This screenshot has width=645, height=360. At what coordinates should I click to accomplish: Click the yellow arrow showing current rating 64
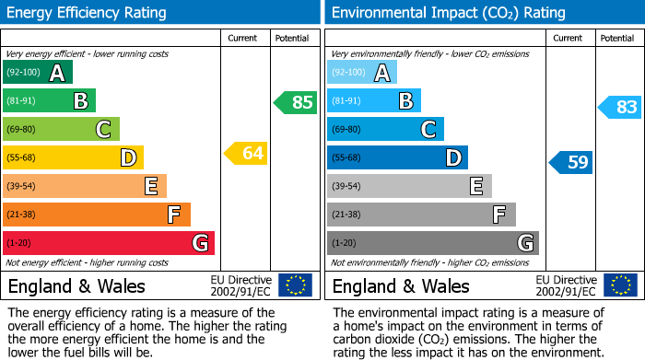pos(246,154)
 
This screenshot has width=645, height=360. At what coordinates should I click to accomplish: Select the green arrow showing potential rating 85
pos(296,102)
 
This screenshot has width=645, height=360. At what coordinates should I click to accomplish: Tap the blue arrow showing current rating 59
pos(571,163)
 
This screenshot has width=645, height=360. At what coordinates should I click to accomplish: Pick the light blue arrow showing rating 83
pos(620,107)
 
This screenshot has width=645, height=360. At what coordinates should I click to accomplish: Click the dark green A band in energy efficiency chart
pos(38,73)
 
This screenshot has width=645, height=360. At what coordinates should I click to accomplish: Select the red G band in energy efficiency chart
pos(109,243)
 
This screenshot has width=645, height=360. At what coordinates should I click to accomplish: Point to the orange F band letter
pos(173,215)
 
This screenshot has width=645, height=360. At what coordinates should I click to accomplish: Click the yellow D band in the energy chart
pos(73,158)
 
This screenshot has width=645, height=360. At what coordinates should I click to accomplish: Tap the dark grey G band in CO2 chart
pos(433,243)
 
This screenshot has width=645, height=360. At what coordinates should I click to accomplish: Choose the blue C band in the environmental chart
pos(385,130)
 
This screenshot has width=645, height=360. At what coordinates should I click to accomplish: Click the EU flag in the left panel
pos(295,285)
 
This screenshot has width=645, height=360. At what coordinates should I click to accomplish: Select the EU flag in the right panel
pos(619,285)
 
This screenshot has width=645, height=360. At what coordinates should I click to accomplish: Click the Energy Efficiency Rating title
pos(88,13)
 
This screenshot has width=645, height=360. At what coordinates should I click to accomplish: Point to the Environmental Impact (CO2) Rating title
pos(448,13)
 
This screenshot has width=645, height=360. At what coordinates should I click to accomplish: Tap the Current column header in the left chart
pos(242,38)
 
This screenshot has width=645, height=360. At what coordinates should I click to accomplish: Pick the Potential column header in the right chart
pos(616,38)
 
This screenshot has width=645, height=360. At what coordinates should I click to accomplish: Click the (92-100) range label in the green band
pos(24,73)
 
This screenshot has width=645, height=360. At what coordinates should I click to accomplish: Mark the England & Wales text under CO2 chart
pos(401,286)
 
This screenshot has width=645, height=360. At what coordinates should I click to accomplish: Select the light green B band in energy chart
pos(49,101)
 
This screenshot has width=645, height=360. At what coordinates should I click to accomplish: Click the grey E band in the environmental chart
pos(409,187)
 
